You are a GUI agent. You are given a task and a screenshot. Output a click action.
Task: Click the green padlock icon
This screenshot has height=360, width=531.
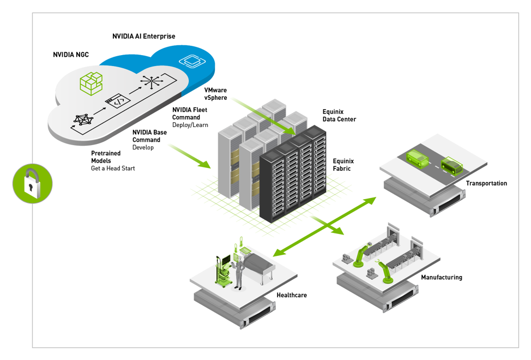[32, 183]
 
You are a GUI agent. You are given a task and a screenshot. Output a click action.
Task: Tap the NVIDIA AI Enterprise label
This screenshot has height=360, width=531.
[144, 37]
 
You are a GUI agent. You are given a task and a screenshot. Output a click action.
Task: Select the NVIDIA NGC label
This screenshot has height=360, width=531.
[71, 55]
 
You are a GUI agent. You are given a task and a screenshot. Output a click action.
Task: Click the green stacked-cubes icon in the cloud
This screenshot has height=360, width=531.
[91, 83]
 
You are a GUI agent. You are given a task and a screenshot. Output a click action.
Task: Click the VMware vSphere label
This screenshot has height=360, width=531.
[216, 93]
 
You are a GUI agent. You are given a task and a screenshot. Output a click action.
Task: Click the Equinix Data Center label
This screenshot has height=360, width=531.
[339, 115]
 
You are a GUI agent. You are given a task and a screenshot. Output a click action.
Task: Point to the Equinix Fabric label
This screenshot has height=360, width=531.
[343, 165]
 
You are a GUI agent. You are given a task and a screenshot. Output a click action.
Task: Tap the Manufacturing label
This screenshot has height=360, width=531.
[441, 278]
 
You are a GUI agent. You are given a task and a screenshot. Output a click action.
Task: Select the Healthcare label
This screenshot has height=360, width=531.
[292, 295]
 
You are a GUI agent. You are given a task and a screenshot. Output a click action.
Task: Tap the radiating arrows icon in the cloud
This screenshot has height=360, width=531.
[150, 82]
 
